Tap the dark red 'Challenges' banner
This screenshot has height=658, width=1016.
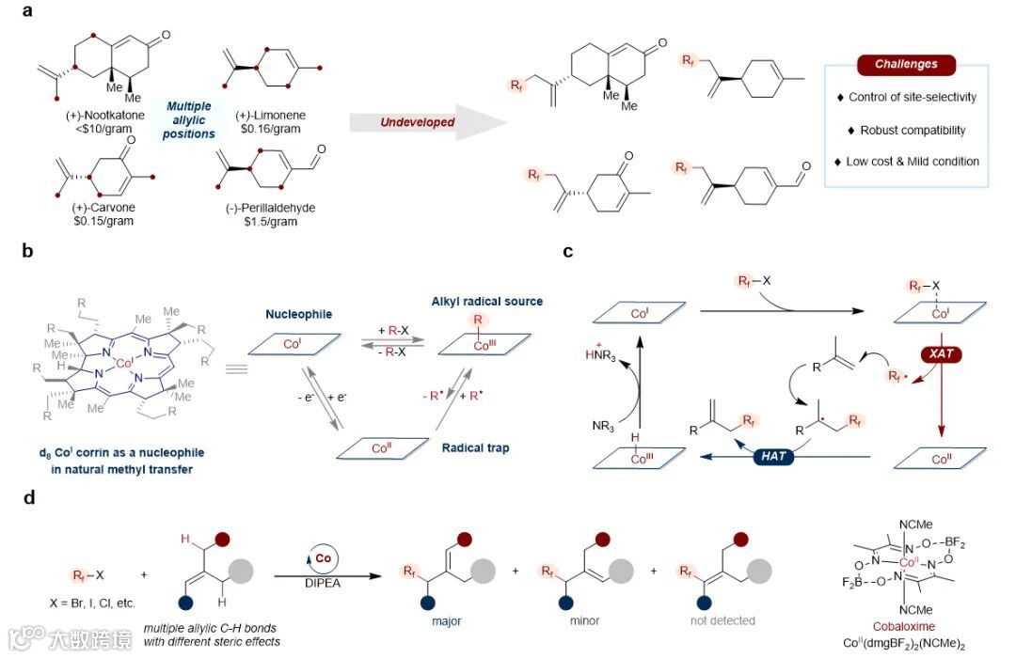pyautogui.click(x=905, y=65)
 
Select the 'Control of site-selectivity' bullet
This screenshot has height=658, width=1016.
pyautogui.click(x=906, y=97)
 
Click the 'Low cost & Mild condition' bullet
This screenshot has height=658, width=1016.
pyautogui.click(x=906, y=161)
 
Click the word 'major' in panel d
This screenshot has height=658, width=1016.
pyautogui.click(x=440, y=620)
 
